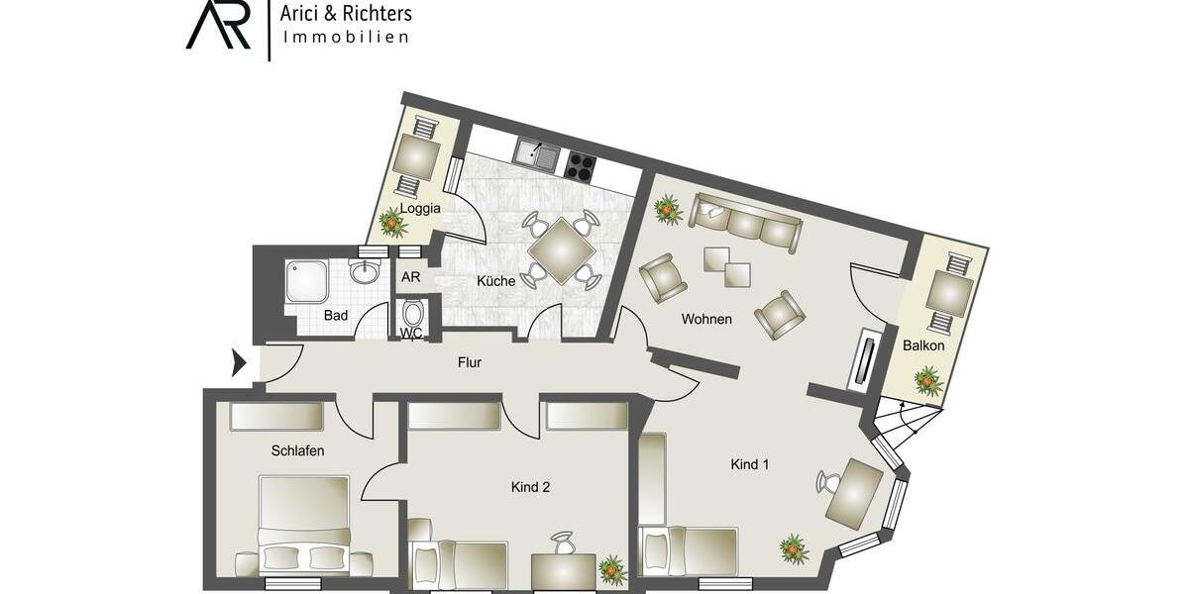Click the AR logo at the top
point(218,27)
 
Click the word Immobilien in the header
point(347,37)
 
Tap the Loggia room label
point(419,208)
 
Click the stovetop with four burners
point(579,165)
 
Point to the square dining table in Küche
point(561,250)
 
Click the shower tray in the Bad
point(306,282)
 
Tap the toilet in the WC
point(413,316)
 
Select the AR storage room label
point(411,277)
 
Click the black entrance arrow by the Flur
point(238,363)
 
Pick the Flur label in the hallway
point(470,363)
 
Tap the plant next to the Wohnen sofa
point(667,209)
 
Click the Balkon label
point(922,346)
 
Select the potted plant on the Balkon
point(927,380)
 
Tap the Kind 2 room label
point(530,487)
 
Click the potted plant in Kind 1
point(793,547)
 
